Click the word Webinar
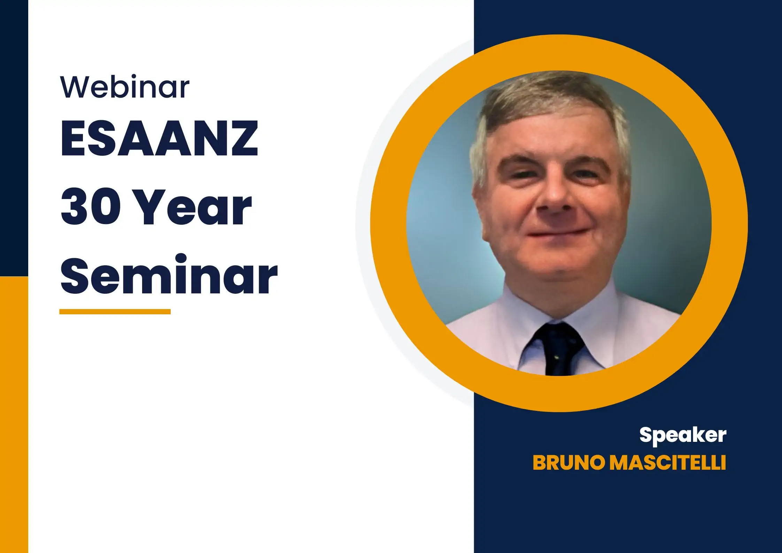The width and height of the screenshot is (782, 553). click(125, 87)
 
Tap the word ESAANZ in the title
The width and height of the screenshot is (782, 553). click(159, 139)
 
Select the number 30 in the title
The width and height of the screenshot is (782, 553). click(91, 206)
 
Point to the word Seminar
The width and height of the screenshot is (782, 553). click(169, 275)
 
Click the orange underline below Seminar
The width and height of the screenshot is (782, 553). click(115, 312)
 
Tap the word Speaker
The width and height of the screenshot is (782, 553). click(683, 435)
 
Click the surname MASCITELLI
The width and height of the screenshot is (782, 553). click(668, 463)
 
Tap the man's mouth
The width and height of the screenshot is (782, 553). click(557, 232)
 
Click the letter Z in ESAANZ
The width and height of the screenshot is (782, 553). click(241, 139)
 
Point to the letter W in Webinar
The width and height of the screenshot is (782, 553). click(76, 87)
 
